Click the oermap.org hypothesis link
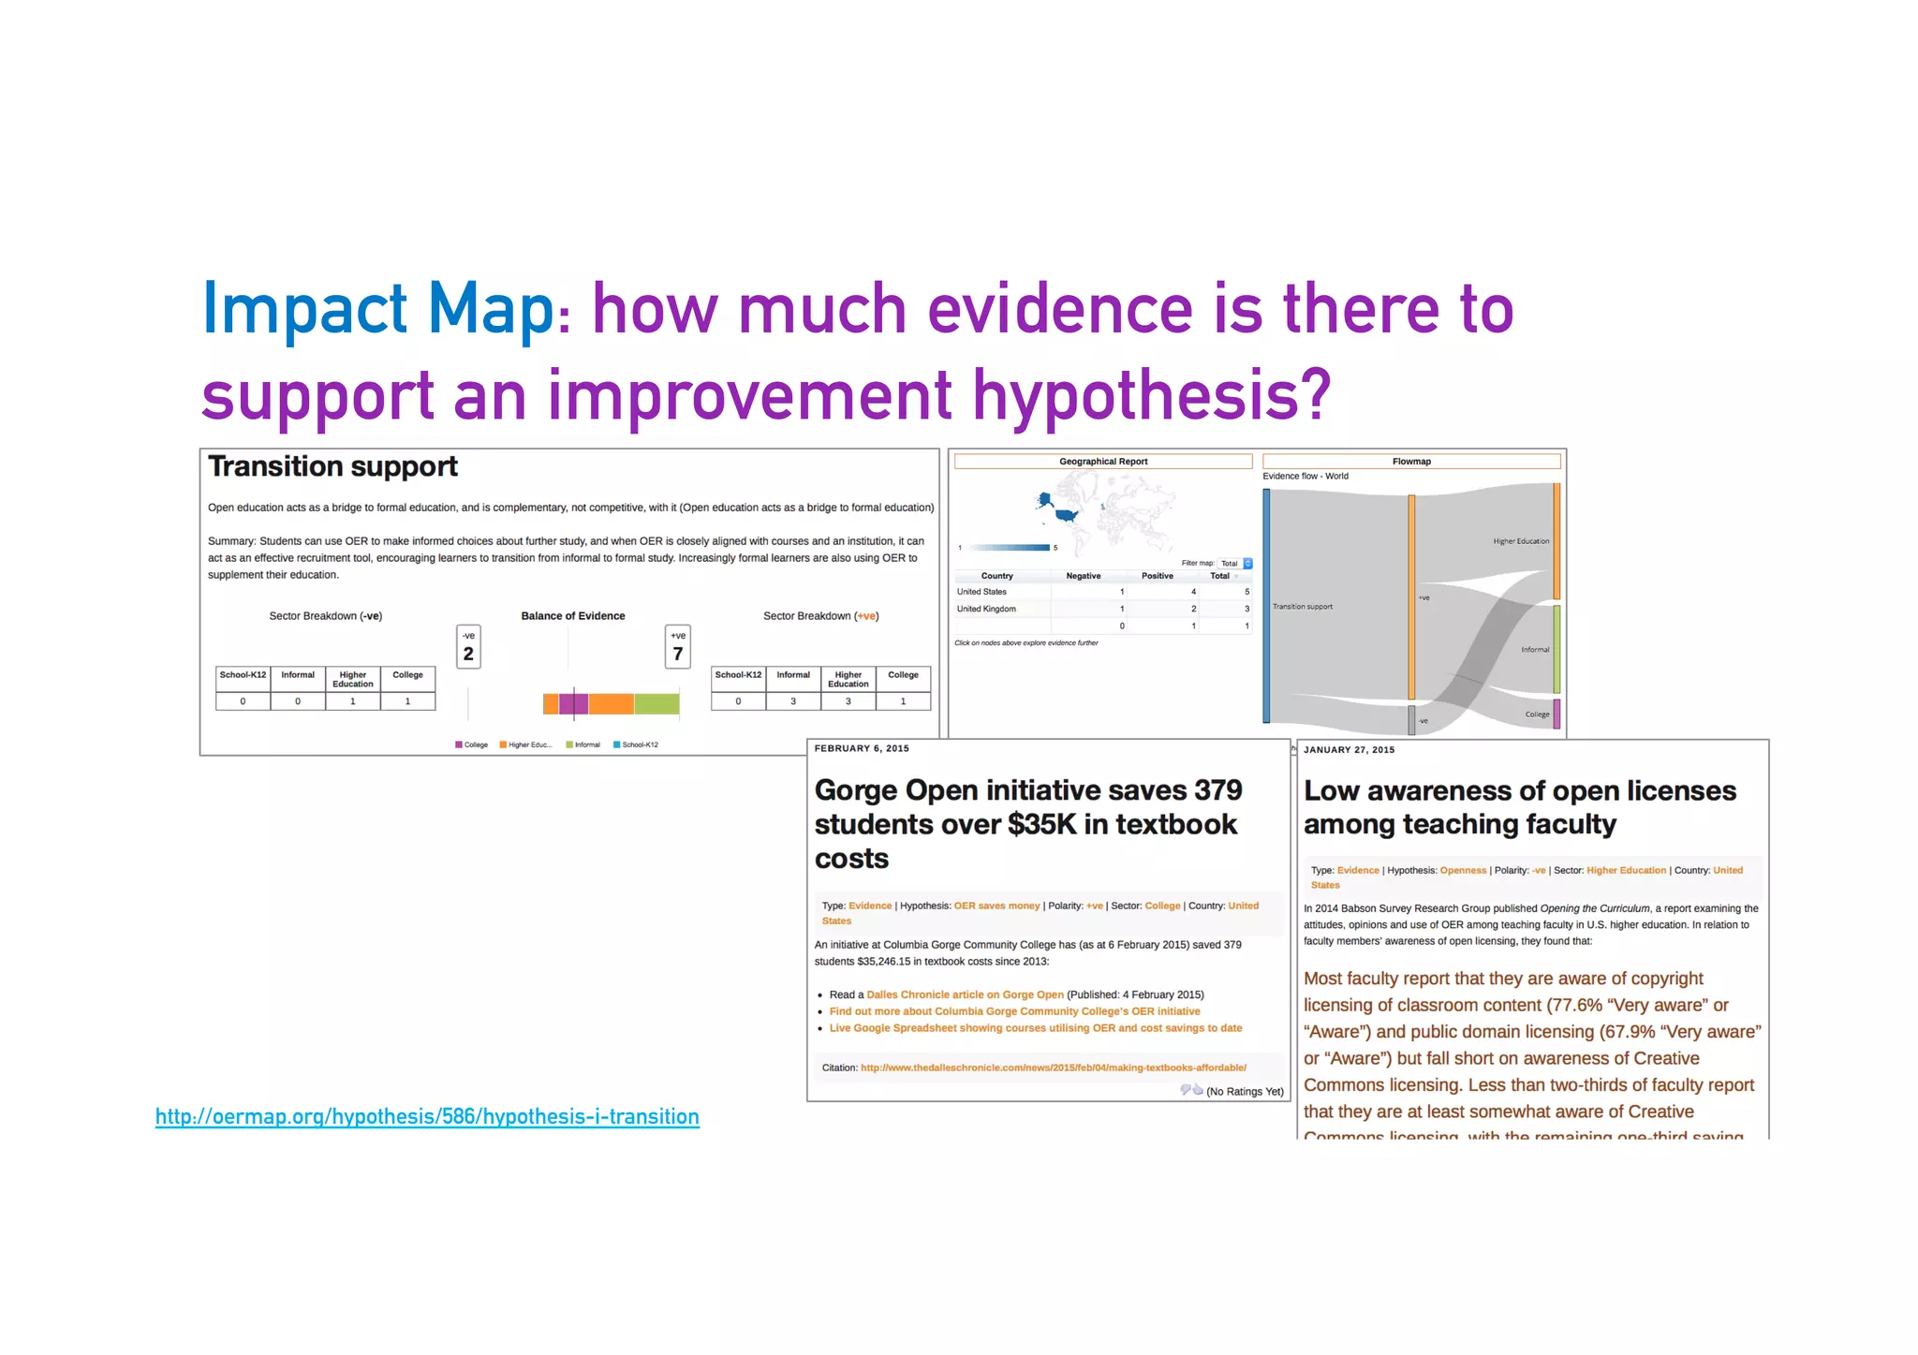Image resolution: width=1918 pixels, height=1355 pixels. [427, 1116]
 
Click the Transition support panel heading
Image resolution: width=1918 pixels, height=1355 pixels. [332, 466]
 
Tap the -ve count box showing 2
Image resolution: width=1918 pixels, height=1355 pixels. [468, 647]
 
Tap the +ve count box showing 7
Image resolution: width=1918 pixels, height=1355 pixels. [677, 647]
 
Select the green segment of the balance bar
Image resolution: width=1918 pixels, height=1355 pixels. [657, 703]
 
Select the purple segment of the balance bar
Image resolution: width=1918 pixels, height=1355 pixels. [573, 703]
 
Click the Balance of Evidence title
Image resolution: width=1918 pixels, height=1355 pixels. [572, 616]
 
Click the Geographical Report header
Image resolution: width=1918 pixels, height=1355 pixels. [1102, 462]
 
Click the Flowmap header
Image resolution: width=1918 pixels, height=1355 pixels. [1410, 462]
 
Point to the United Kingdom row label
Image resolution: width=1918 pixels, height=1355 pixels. [986, 609]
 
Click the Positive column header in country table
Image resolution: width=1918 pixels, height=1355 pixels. [1157, 576]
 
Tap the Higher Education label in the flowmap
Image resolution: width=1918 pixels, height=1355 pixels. [1520, 541]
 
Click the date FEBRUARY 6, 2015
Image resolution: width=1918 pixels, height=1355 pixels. [861, 748]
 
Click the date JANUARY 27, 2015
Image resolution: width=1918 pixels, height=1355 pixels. [1349, 750]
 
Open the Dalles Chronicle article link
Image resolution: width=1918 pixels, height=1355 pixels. [965, 994]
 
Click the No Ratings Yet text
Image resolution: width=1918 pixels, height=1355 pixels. [1244, 1091]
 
